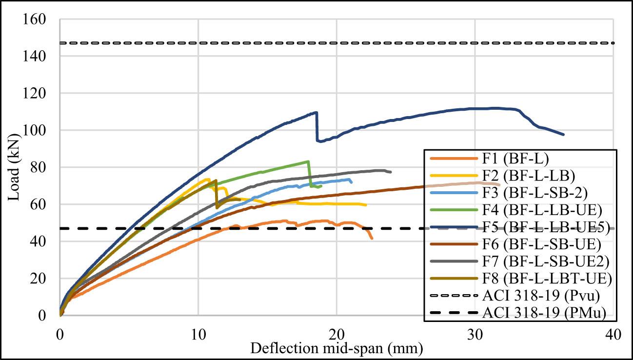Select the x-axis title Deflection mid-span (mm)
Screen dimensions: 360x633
336,348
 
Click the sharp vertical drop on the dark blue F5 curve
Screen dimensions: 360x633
317,127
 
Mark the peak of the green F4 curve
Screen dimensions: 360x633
308,161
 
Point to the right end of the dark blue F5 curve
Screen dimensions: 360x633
564,135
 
